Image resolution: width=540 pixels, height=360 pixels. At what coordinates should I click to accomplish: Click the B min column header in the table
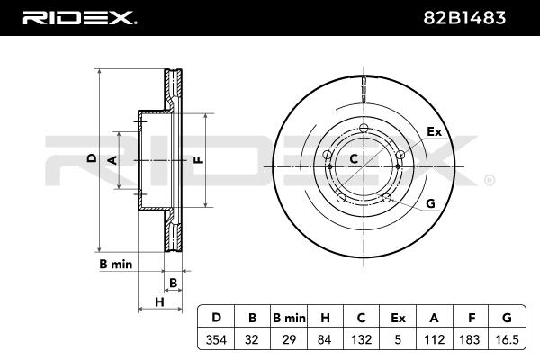point(289,318)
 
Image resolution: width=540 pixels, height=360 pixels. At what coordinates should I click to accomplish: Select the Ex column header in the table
point(398,318)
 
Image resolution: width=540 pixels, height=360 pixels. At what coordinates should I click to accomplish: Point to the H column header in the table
point(325,318)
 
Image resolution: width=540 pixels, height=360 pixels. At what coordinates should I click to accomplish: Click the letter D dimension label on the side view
point(91,158)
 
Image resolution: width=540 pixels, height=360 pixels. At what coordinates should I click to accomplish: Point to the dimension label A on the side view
point(112,159)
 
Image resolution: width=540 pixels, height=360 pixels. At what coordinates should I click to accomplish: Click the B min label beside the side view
point(115,265)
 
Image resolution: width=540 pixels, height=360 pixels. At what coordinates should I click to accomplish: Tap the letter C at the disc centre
point(354,159)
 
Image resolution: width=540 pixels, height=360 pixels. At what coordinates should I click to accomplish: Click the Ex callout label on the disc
point(435,132)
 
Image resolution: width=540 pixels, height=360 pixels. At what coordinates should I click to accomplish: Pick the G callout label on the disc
point(430,204)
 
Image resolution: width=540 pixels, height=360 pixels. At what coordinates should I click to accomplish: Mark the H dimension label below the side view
point(158,301)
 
